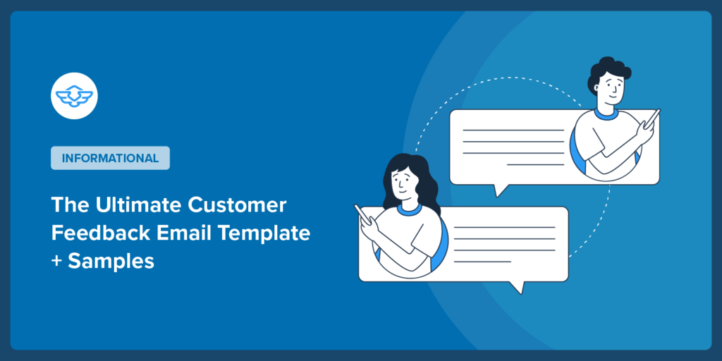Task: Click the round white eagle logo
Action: pos(74,95)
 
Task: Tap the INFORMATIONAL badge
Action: pos(110,158)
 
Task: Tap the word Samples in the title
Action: pos(111,260)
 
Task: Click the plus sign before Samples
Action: pos(56,261)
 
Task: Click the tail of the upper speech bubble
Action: pos(501,190)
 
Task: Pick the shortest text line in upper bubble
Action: pos(535,164)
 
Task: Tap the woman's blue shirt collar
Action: pos(408,209)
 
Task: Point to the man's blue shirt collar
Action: pos(606,112)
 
